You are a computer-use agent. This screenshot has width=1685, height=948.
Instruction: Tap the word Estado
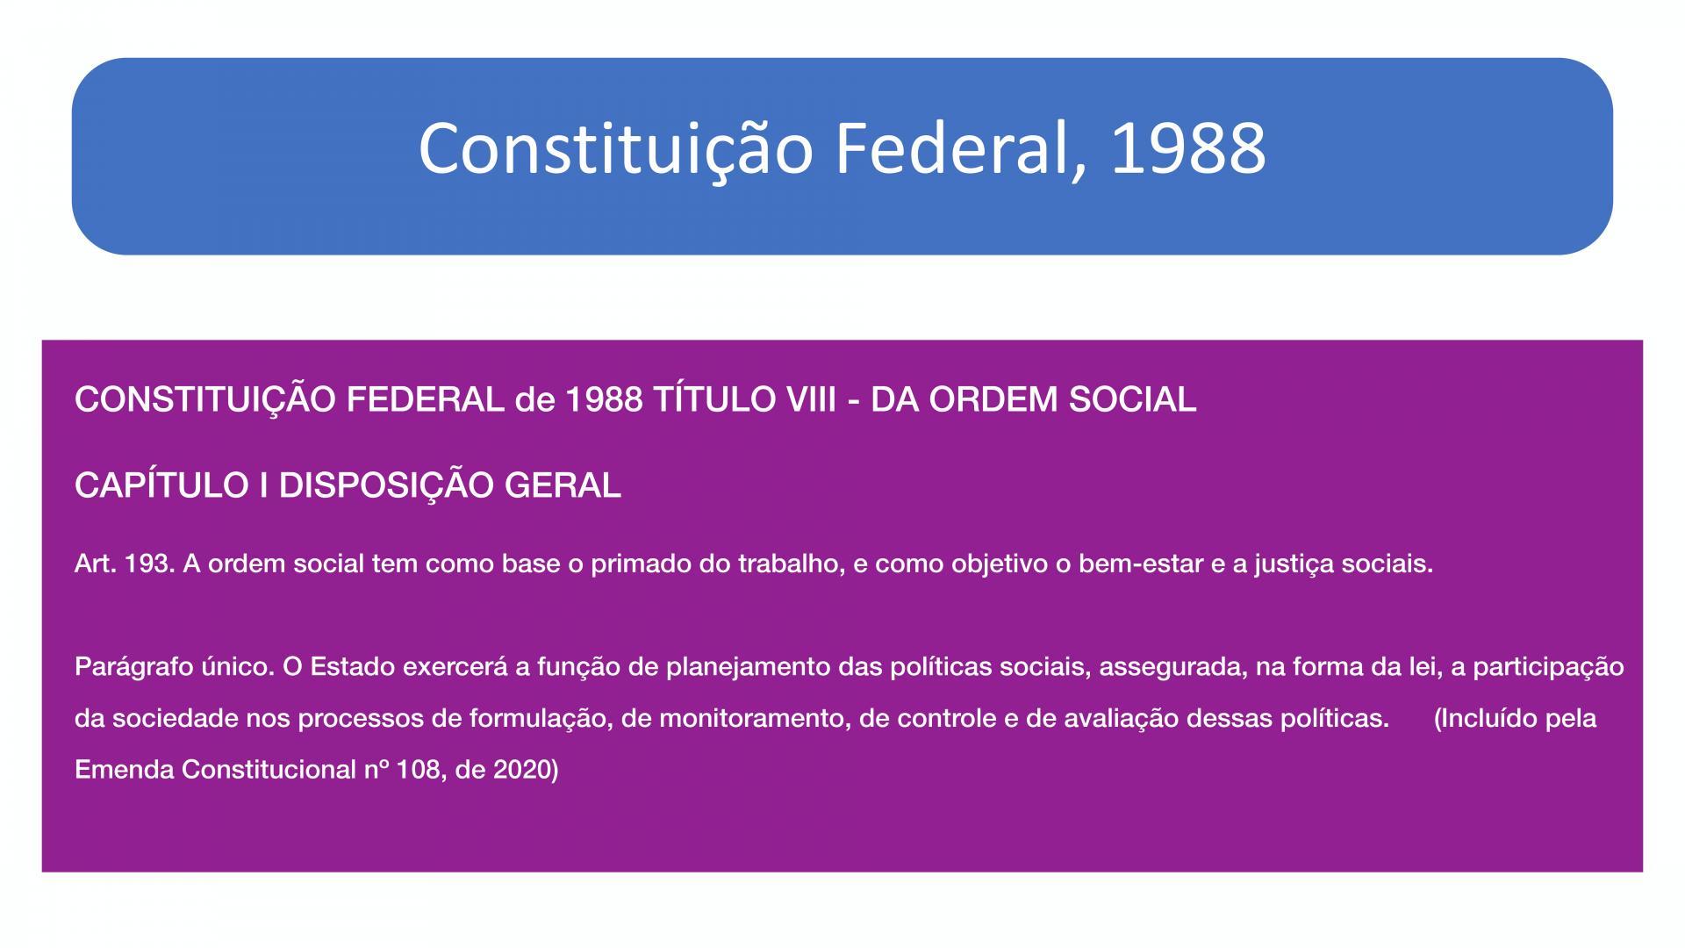[x=352, y=667]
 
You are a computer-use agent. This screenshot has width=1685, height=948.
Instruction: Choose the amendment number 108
[x=418, y=770]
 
